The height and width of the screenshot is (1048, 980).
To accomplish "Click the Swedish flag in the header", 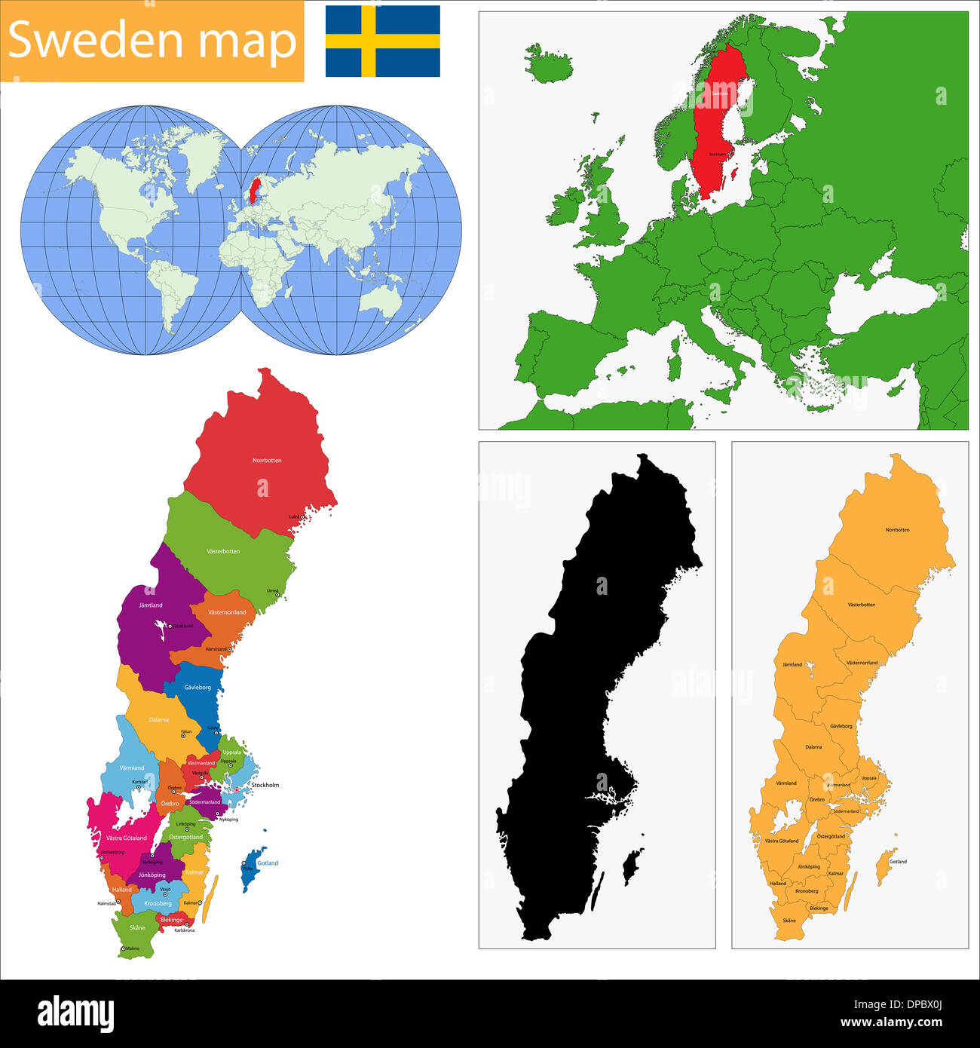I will [x=382, y=41].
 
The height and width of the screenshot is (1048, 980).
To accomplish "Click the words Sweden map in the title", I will [x=152, y=41].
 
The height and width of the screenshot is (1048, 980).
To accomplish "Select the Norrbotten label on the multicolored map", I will [x=267, y=460].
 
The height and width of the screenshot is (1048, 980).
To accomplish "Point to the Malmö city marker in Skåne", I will [x=124, y=948].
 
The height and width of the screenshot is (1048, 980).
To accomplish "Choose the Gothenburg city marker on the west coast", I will [x=100, y=857].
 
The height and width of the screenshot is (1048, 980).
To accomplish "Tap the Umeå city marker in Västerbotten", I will [x=277, y=595].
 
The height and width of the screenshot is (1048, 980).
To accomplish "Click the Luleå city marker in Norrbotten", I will [x=302, y=516].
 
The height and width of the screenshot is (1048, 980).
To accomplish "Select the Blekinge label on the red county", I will [x=171, y=920].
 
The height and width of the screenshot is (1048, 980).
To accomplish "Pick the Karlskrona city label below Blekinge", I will [x=184, y=930].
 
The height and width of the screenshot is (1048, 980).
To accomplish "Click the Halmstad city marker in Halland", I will [x=118, y=901].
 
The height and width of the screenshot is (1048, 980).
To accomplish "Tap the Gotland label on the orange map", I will [x=898, y=861].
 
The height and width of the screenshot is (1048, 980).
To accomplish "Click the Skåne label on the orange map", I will [x=789, y=921].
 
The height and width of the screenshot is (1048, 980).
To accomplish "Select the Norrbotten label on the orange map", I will [x=897, y=529].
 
